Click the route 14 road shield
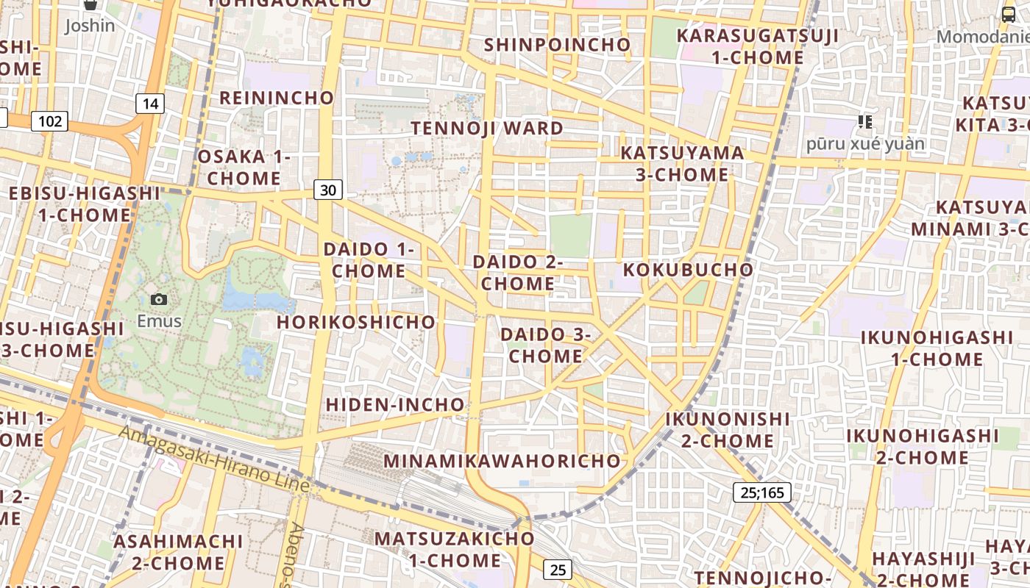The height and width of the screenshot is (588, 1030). tap(150, 104)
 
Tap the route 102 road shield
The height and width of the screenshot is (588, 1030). tap(50, 121)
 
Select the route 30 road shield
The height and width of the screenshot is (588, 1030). tap(328, 190)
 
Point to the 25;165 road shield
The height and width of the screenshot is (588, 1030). tap(762, 492)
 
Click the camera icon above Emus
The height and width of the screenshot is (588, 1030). tap(158, 299)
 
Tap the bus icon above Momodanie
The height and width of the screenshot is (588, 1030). tap(1008, 14)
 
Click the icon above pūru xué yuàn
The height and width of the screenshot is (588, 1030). tap(865, 121)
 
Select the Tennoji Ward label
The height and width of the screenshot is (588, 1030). tap(487, 128)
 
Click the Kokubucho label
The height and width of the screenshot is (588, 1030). tap(689, 270)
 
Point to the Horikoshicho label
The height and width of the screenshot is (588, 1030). tap(356, 322)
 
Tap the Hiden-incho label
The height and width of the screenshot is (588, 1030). tap(395, 404)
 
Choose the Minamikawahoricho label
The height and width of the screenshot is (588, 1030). tap(502, 461)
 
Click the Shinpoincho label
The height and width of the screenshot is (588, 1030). tap(557, 45)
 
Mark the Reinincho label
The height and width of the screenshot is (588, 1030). tap(277, 98)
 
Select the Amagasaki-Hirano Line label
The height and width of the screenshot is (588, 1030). tap(213, 459)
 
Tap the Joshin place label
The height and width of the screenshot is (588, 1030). tap(90, 26)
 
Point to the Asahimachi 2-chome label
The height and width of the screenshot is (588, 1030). tap(179, 552)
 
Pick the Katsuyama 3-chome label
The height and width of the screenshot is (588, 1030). tap(683, 163)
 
